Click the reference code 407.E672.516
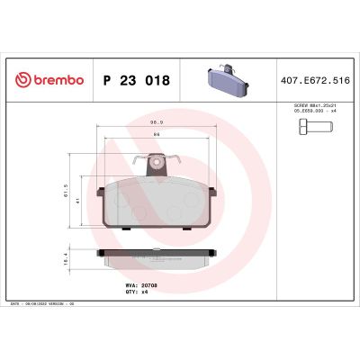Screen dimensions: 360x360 [316, 80]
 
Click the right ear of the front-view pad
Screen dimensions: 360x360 [212, 193]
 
